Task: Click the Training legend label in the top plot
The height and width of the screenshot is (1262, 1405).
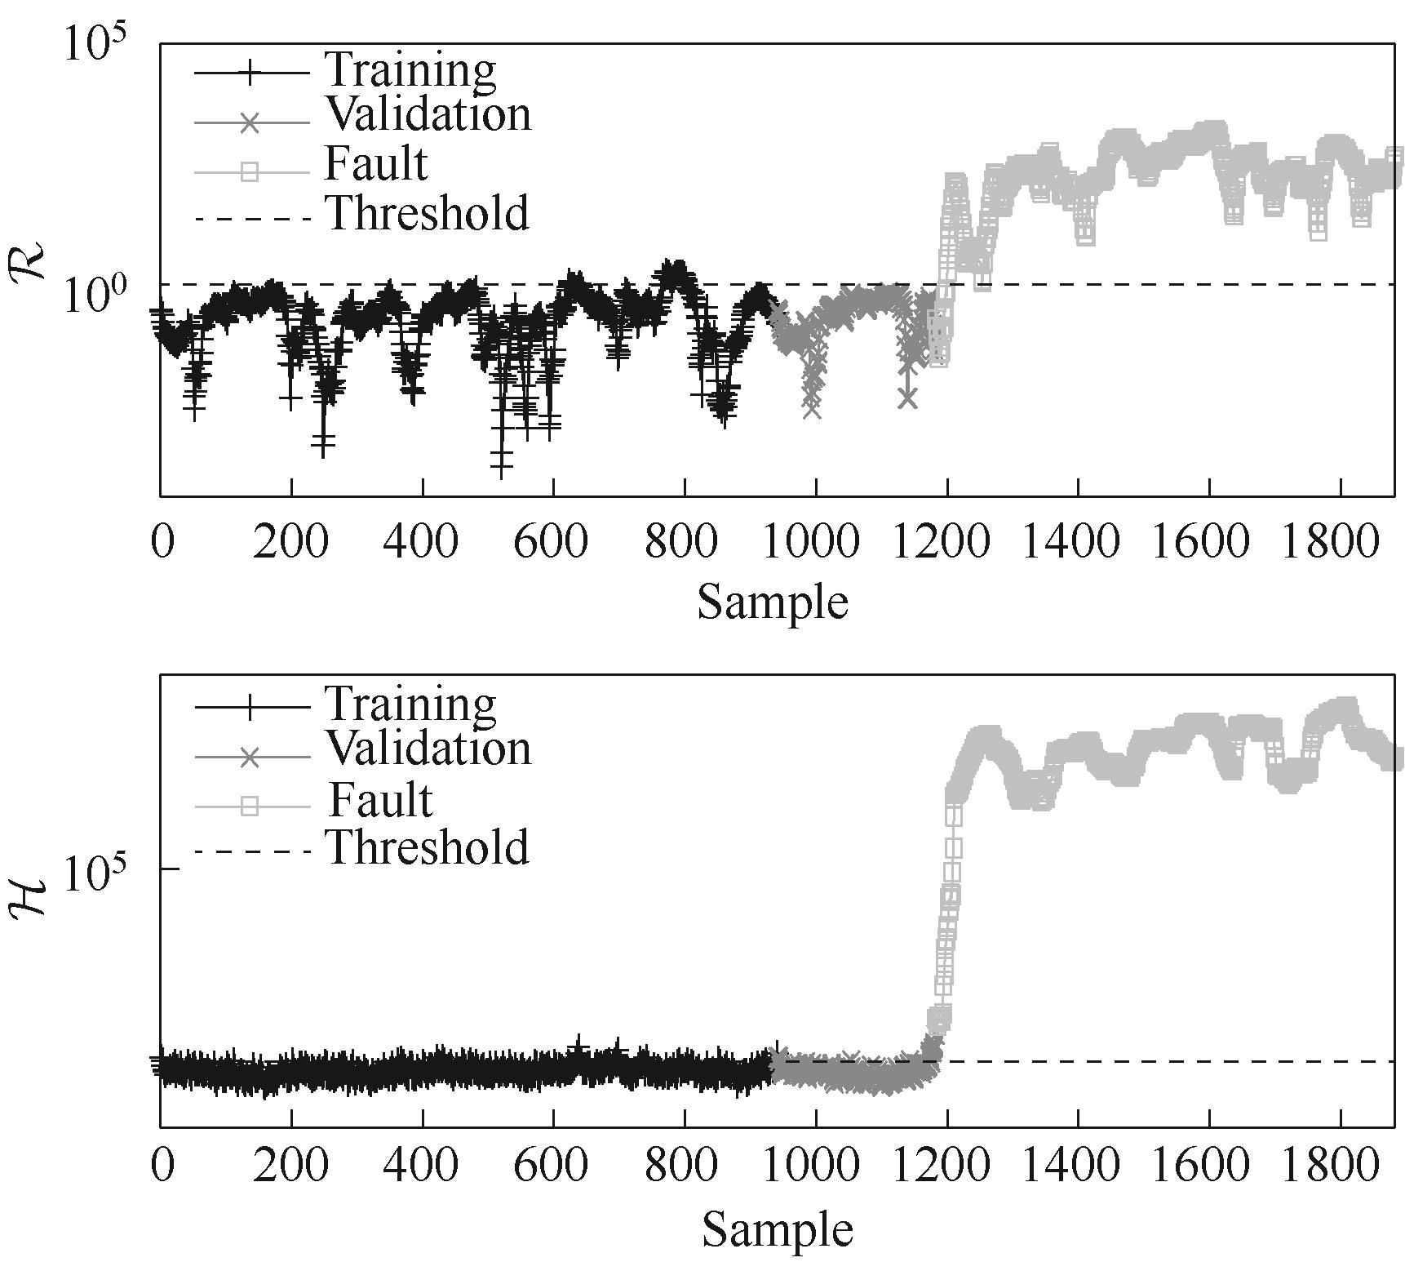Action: point(410,70)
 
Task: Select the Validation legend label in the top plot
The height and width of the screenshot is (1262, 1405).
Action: point(428,115)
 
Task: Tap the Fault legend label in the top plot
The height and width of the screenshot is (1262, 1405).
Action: point(375,164)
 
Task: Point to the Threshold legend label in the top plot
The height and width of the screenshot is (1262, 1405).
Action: point(428,214)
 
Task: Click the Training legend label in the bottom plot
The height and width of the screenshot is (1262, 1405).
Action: point(410,704)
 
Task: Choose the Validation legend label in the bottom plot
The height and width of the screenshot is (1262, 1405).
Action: point(428,749)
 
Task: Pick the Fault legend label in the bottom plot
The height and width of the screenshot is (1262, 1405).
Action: point(379,799)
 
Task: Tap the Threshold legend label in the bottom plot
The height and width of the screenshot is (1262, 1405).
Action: point(428,848)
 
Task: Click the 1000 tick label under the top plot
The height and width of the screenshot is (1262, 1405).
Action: point(815,541)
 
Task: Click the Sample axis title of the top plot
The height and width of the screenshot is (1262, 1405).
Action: point(772,602)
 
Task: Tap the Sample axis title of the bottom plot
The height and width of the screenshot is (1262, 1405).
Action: point(777,1229)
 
